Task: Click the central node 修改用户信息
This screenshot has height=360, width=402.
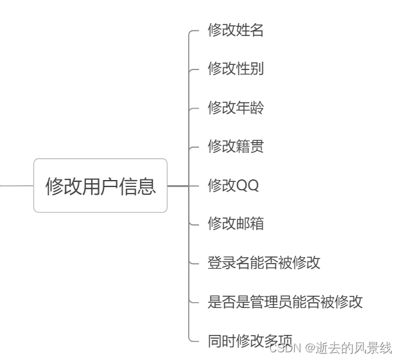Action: pyautogui.click(x=100, y=186)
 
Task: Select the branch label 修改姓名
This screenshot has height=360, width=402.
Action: pyautogui.click(x=235, y=30)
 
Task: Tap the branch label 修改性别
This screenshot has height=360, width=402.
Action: pyautogui.click(x=235, y=69)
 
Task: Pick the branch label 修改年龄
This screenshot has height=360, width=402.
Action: pyautogui.click(x=235, y=107)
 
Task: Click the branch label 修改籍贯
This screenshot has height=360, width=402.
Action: pyautogui.click(x=235, y=147)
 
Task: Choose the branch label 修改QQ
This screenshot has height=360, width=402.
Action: pyautogui.click(x=232, y=185)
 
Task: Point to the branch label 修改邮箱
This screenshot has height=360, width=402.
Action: pyautogui.click(x=235, y=224)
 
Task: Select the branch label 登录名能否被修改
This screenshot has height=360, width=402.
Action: pyautogui.click(x=263, y=262)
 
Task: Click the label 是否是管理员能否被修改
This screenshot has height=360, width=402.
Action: pyautogui.click(x=285, y=301)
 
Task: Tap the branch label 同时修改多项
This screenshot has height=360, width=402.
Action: pyautogui.click(x=249, y=340)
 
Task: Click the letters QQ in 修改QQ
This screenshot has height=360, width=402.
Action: pyautogui.click(x=247, y=186)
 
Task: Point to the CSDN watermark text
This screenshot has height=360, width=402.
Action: pyautogui.click(x=285, y=348)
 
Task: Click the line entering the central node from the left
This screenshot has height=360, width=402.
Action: pyautogui.click(x=16, y=186)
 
